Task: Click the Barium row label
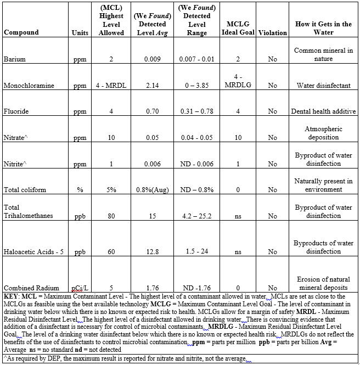tap(13, 59)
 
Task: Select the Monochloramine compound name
tap(26, 86)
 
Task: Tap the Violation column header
tap(272, 32)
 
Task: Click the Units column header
tap(80, 33)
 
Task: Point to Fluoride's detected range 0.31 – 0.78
tap(196, 111)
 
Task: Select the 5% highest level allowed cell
tap(111, 190)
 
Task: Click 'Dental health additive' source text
tap(323, 111)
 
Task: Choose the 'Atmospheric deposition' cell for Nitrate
tap(323, 133)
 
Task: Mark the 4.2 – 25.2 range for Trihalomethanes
tap(196, 216)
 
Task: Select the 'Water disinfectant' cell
tap(323, 86)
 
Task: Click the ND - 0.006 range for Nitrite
tap(196, 164)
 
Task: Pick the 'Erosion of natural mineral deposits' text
tap(323, 283)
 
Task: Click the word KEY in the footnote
tap(12, 296)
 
